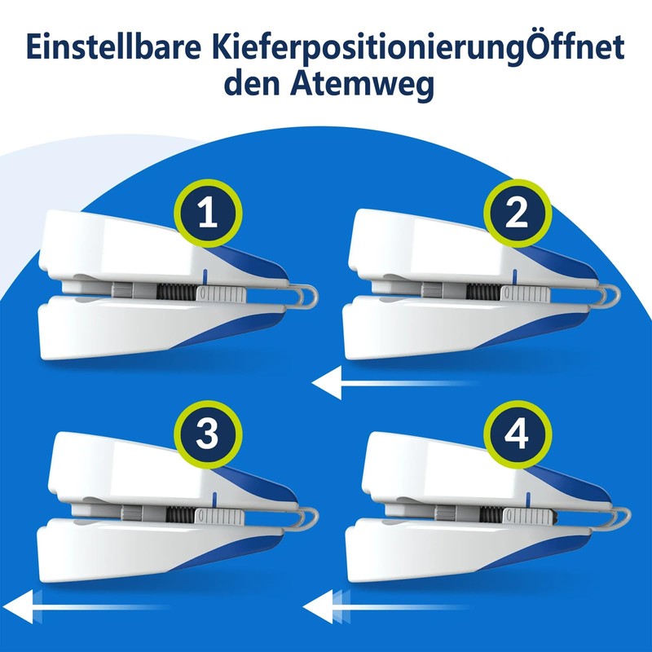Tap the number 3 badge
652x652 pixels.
click(x=209, y=436)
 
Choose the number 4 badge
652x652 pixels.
click(x=517, y=436)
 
